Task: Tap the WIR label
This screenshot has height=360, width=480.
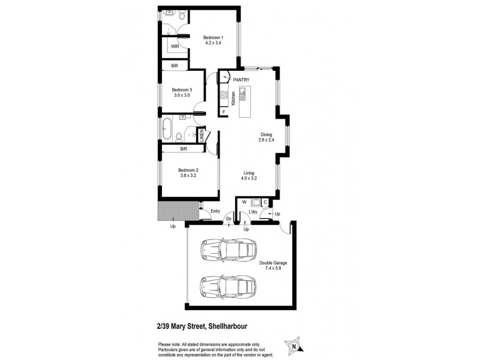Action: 176,46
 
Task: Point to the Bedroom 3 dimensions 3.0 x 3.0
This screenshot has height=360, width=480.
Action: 182,95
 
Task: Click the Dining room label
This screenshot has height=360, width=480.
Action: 266,134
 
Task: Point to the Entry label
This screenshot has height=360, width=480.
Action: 215,211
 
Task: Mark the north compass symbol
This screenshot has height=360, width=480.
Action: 293,344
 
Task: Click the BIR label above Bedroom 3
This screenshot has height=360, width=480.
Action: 174,67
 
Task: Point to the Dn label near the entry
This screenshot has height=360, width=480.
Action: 229,219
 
